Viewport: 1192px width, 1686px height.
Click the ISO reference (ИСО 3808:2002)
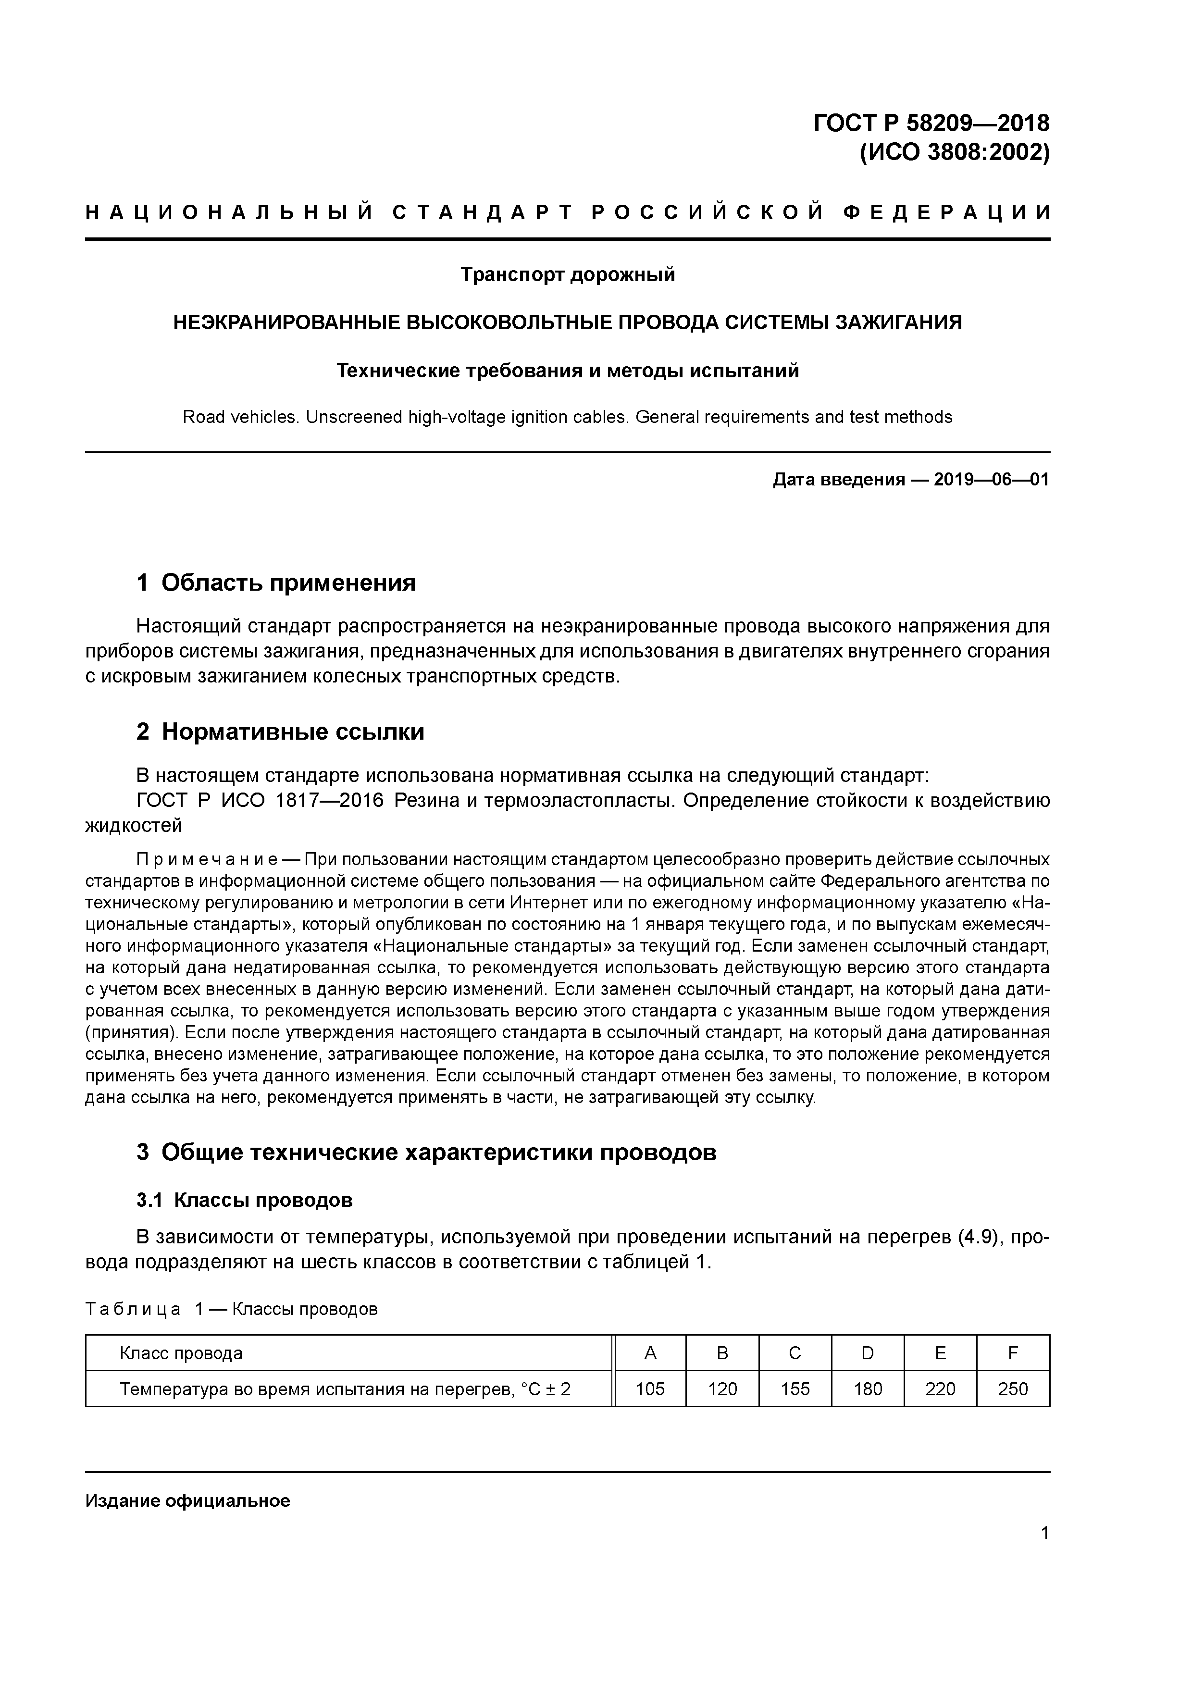(954, 153)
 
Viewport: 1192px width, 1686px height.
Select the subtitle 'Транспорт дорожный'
(567, 274)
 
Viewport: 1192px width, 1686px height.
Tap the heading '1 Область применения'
(276, 583)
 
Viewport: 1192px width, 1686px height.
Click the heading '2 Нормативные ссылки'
(281, 731)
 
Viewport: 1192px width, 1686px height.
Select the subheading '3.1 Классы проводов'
(245, 1200)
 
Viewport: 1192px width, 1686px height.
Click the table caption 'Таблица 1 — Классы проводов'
(231, 1309)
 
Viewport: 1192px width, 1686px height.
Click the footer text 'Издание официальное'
(187, 1500)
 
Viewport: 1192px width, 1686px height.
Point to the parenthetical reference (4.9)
(981, 1237)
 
